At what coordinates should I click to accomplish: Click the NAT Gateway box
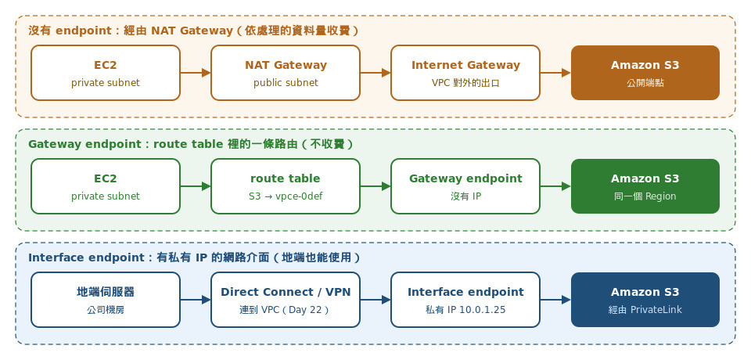pyautogui.click(x=286, y=73)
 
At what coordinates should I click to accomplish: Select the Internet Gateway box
pyautogui.click(x=465, y=73)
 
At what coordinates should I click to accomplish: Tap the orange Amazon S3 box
pyautogui.click(x=645, y=73)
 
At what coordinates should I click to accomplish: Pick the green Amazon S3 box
pyautogui.click(x=645, y=186)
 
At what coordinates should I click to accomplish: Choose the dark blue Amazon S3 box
pyautogui.click(x=645, y=300)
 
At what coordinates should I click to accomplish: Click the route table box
pyautogui.click(x=286, y=186)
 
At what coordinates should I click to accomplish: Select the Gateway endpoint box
pyautogui.click(x=465, y=186)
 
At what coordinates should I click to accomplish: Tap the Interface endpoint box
pyautogui.click(x=465, y=300)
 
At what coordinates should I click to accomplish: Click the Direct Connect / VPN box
pyautogui.click(x=286, y=300)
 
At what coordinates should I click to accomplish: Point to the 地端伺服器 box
pyautogui.click(x=106, y=300)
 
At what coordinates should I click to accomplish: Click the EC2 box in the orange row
pyautogui.click(x=106, y=73)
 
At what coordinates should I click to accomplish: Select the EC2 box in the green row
pyautogui.click(x=106, y=186)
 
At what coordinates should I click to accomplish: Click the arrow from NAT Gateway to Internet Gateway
pyautogui.click(x=375, y=73)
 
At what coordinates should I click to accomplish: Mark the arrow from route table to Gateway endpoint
pyautogui.click(x=375, y=186)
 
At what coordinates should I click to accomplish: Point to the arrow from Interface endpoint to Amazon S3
pyautogui.click(x=555, y=300)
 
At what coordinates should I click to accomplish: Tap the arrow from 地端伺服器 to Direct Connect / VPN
pyautogui.click(x=196, y=300)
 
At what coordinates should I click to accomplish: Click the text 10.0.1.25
pyautogui.click(x=483, y=310)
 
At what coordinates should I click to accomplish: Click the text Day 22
pyautogui.click(x=306, y=310)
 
